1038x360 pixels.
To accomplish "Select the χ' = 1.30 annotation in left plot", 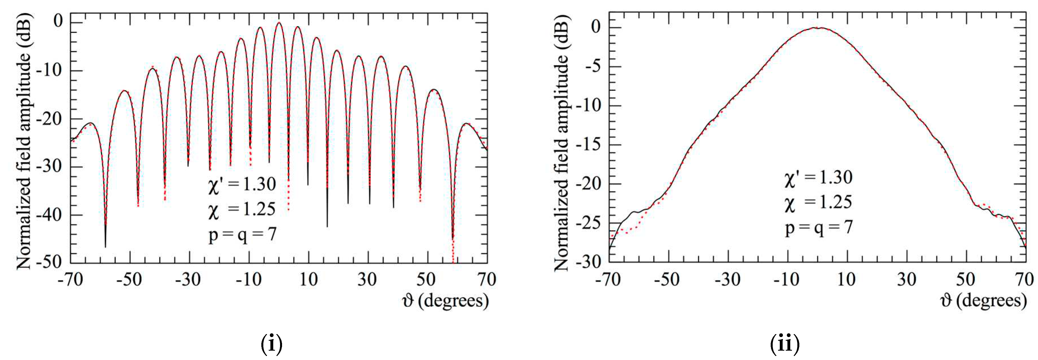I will coord(242,185).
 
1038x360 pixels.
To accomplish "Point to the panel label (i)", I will coord(272,344).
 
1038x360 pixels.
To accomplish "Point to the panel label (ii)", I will coord(784,344).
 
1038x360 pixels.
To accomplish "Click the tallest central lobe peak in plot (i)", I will coord(279,23).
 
